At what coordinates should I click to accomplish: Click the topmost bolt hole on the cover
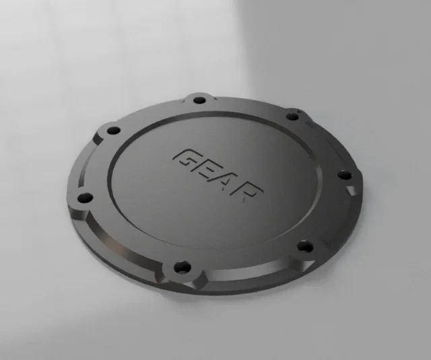click(x=199, y=100)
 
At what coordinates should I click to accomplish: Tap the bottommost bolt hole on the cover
click(x=183, y=267)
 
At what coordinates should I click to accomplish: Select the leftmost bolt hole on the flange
click(x=85, y=198)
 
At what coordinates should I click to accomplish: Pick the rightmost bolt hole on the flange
click(x=344, y=175)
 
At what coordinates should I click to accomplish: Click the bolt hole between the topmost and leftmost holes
click(x=113, y=131)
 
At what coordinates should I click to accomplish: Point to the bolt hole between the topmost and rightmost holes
click(x=292, y=116)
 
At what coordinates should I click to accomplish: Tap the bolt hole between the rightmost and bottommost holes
click(x=305, y=247)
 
